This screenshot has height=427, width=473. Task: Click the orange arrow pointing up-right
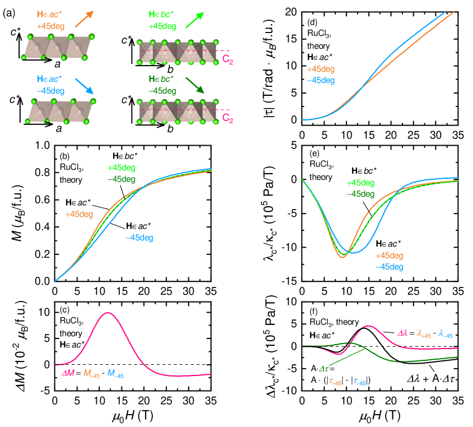point(84,19)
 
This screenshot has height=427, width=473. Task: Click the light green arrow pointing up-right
point(195,21)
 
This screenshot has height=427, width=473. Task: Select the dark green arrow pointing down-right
point(195,85)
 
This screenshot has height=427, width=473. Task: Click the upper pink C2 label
point(227,59)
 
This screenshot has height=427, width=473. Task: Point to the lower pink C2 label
point(227,118)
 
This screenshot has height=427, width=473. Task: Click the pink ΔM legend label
point(68,373)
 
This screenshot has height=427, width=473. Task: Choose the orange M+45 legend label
point(91,374)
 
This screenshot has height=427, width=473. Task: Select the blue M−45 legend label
point(115,374)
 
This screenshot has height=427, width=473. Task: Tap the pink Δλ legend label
point(403,333)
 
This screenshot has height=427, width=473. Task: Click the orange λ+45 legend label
point(424,334)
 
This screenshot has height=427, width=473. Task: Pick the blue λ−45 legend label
point(446,334)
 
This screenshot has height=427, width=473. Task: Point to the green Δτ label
point(324,369)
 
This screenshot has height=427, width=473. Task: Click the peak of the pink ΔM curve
point(107,313)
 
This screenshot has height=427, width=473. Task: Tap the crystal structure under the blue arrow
point(60,111)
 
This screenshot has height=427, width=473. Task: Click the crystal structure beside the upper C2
point(177,52)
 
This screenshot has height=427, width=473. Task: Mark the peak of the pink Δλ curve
point(368,326)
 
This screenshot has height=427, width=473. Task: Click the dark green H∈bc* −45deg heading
point(162,85)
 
